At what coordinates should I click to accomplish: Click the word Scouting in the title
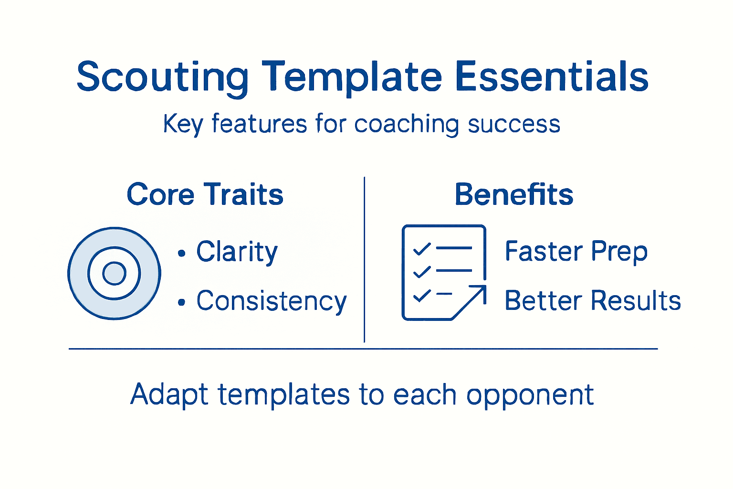162,77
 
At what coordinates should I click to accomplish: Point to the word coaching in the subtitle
406,124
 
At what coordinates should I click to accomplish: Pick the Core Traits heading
205,195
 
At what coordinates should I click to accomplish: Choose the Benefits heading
513,194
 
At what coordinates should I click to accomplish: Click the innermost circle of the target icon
114,273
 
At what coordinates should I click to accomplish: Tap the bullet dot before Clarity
181,253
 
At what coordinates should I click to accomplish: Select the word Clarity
237,252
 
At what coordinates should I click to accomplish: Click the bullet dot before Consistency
181,302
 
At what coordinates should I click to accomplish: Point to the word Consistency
272,301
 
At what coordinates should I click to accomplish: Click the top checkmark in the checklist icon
421,249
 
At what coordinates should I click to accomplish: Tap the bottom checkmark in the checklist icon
421,296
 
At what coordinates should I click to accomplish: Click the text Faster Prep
576,251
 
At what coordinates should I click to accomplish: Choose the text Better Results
592,301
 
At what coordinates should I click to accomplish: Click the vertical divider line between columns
365,260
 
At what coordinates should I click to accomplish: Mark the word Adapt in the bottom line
169,395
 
